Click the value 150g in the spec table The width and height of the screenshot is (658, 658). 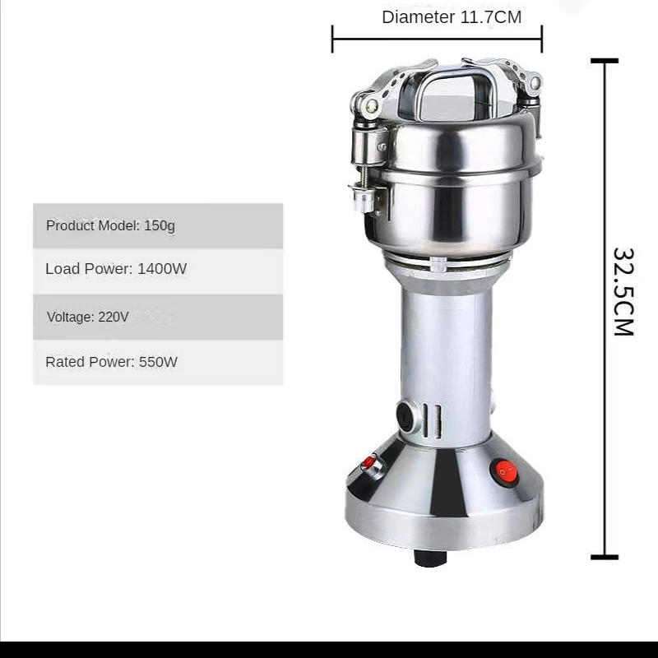tap(160, 225)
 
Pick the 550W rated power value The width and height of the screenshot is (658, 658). tap(157, 361)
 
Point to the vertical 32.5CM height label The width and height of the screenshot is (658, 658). tap(624, 292)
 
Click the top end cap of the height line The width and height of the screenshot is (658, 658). tap(605, 61)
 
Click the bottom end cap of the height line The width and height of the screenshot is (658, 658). tap(605, 557)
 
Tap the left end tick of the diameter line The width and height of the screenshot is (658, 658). tap(332, 38)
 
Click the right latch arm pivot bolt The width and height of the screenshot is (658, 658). tap(535, 84)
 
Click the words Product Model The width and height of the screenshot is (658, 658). tap(91, 225)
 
